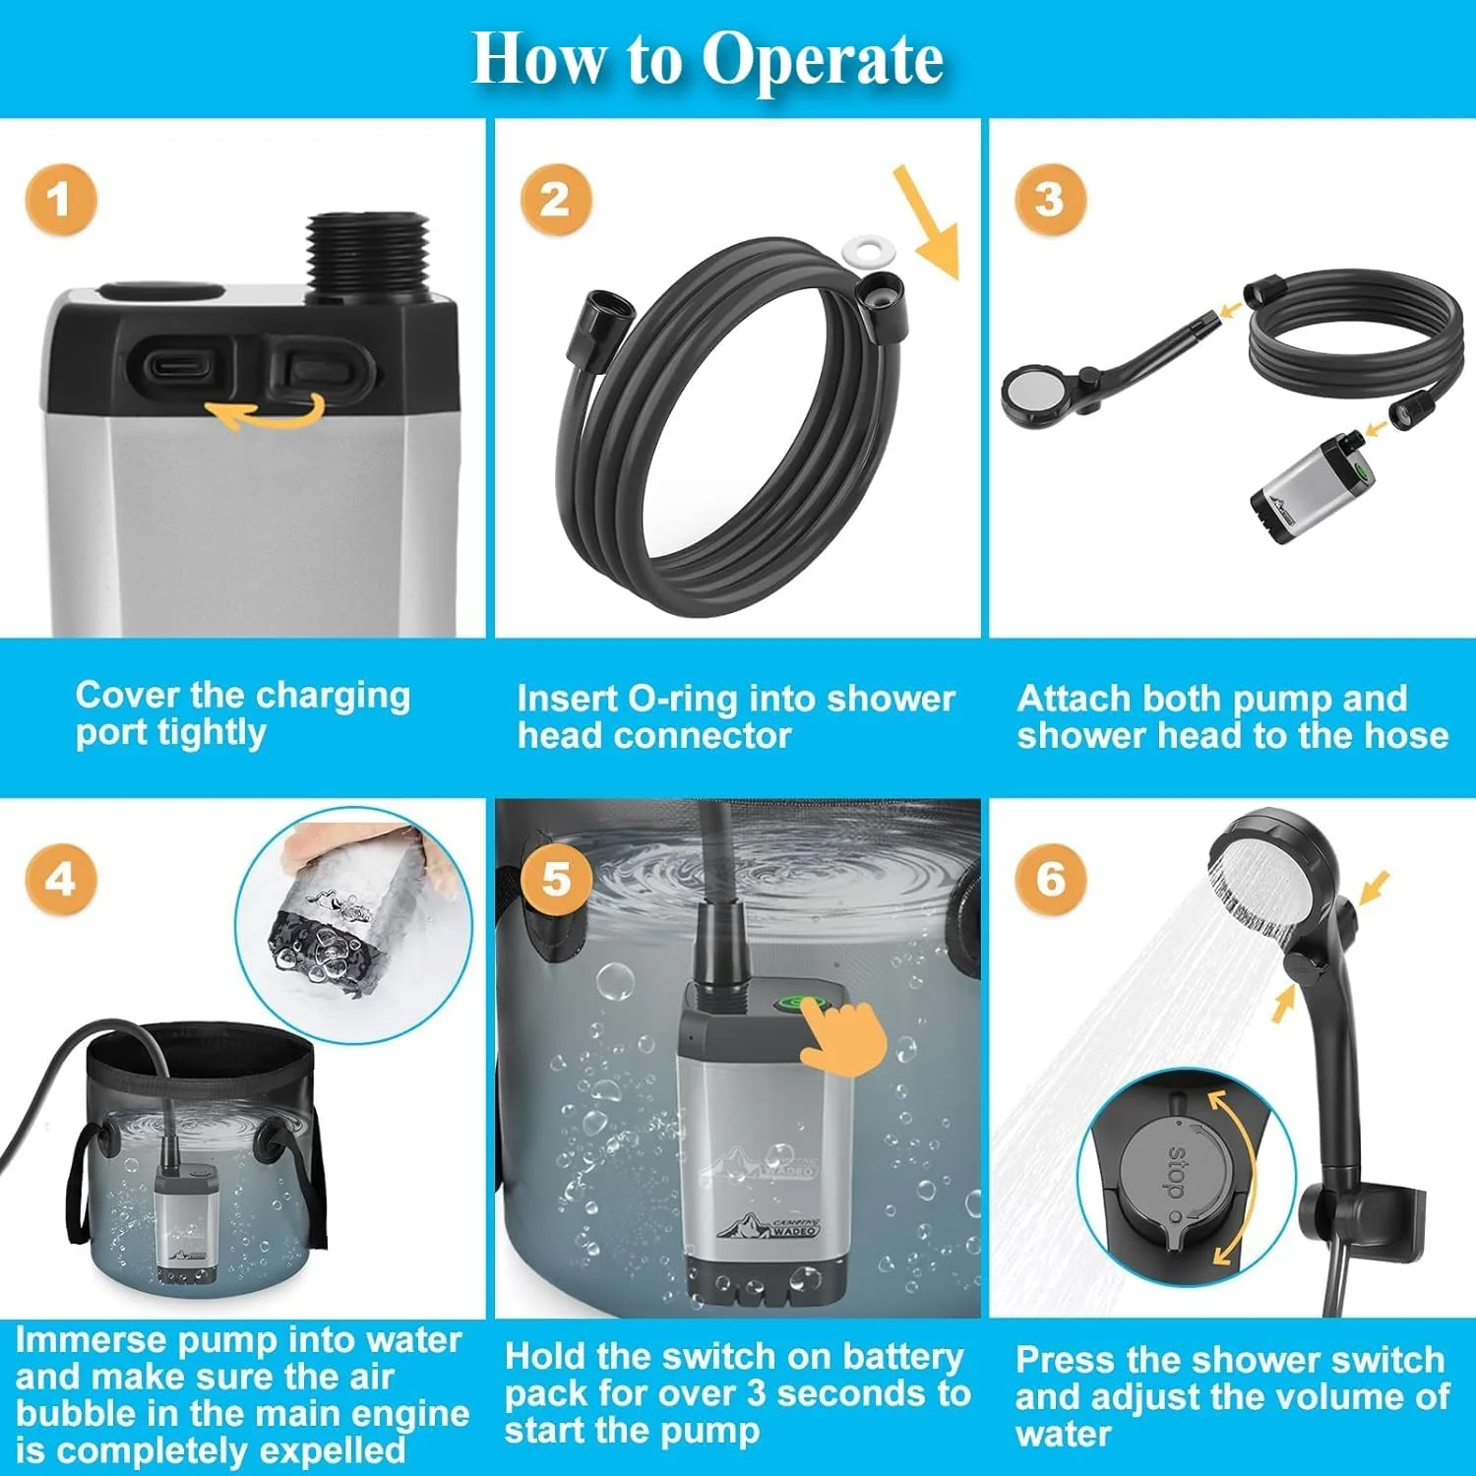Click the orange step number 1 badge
[x=60, y=200]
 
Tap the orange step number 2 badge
[x=556, y=200]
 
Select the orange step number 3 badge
[x=1050, y=200]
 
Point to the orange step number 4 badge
[x=60, y=879]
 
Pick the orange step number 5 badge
[x=556, y=879]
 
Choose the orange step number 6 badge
[x=1050, y=879]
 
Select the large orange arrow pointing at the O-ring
[x=926, y=222]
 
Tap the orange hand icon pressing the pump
[x=844, y=1038]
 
